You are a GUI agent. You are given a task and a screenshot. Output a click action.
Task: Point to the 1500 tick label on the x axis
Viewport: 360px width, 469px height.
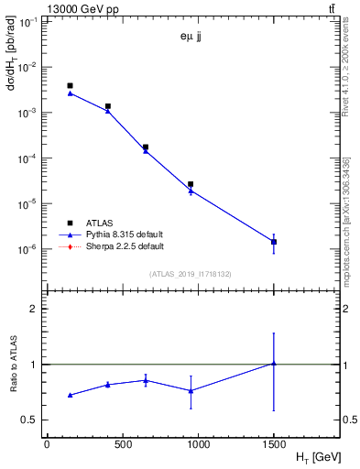pos(273,443)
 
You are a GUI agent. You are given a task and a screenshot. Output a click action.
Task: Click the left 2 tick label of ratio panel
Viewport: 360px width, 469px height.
pos(35,309)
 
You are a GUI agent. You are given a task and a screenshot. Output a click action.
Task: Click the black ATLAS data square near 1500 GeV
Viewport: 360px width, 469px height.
pos(273,242)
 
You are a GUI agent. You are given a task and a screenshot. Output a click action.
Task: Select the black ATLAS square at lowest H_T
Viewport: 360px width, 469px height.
pos(70,85)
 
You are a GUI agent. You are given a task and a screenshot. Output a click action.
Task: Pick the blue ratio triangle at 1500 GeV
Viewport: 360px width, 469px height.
pos(273,364)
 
